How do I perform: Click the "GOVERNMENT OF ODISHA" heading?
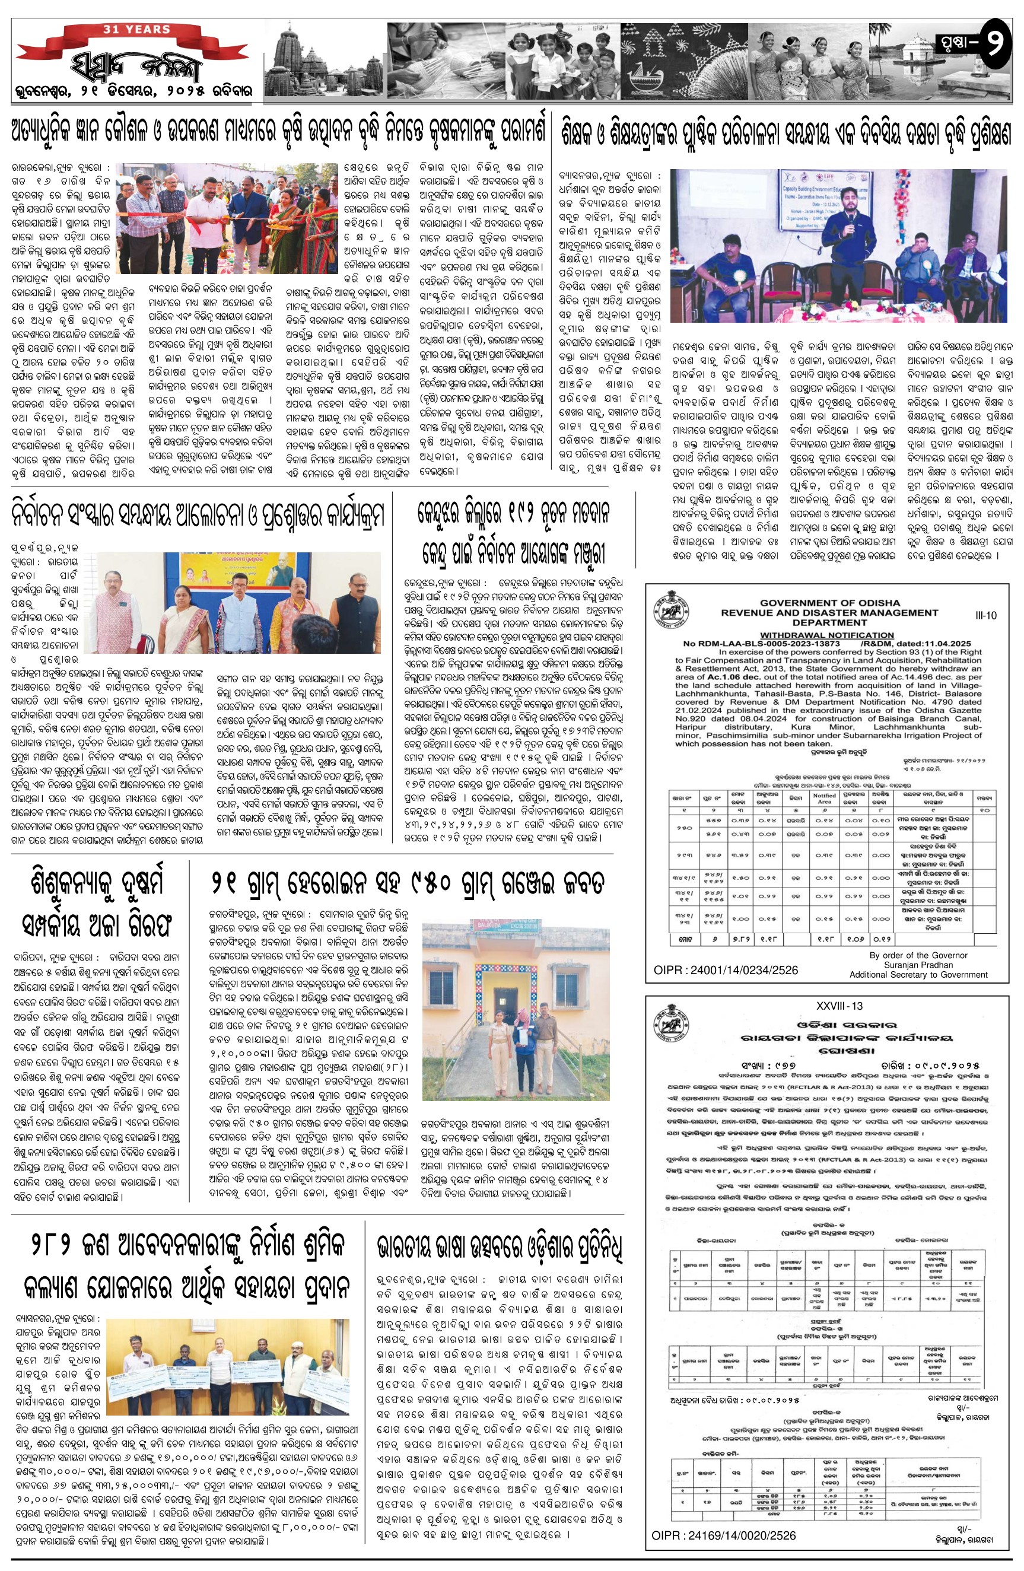click(x=829, y=603)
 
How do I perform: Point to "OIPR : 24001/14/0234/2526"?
click(x=726, y=969)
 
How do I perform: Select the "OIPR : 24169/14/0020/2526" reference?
click(x=724, y=1535)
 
